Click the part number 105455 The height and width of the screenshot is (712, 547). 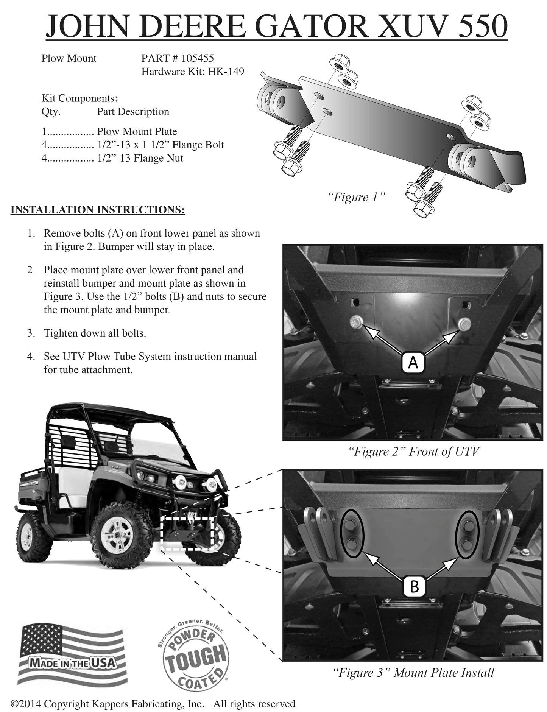click(x=197, y=58)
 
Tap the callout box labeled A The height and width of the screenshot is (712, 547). click(x=413, y=363)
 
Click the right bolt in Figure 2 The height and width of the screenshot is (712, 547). click(x=464, y=323)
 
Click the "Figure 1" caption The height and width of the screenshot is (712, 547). click(x=356, y=197)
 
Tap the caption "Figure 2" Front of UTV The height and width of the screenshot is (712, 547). click(x=413, y=451)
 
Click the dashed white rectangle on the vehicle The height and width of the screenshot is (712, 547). click(x=187, y=533)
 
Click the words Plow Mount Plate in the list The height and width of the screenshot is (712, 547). click(x=137, y=131)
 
